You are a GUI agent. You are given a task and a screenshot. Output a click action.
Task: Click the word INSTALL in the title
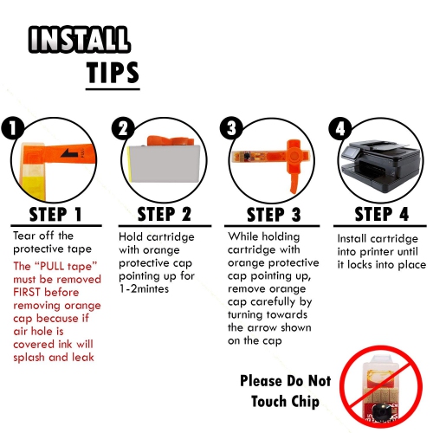coord(80,40)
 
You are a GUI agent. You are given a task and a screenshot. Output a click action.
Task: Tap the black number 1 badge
coord(13,128)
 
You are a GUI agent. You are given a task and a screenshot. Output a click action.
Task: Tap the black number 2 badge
coord(123,128)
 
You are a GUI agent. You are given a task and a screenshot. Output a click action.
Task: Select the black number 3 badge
coord(231,128)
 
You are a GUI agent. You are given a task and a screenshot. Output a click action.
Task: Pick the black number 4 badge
coord(340,128)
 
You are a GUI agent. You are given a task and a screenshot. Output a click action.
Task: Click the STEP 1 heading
coord(55,214)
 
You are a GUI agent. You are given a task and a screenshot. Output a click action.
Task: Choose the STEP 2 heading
coord(164,214)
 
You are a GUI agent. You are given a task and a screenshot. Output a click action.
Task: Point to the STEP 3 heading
coord(274,215)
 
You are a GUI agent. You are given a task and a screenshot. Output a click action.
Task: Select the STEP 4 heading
coord(382,214)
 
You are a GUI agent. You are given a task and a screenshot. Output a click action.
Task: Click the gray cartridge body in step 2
coord(165,164)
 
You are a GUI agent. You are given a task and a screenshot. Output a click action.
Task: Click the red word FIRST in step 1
coord(27,292)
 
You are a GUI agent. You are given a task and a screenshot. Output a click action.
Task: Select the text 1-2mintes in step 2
coord(144,289)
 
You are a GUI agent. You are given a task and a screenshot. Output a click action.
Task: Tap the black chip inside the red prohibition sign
coord(381,413)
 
